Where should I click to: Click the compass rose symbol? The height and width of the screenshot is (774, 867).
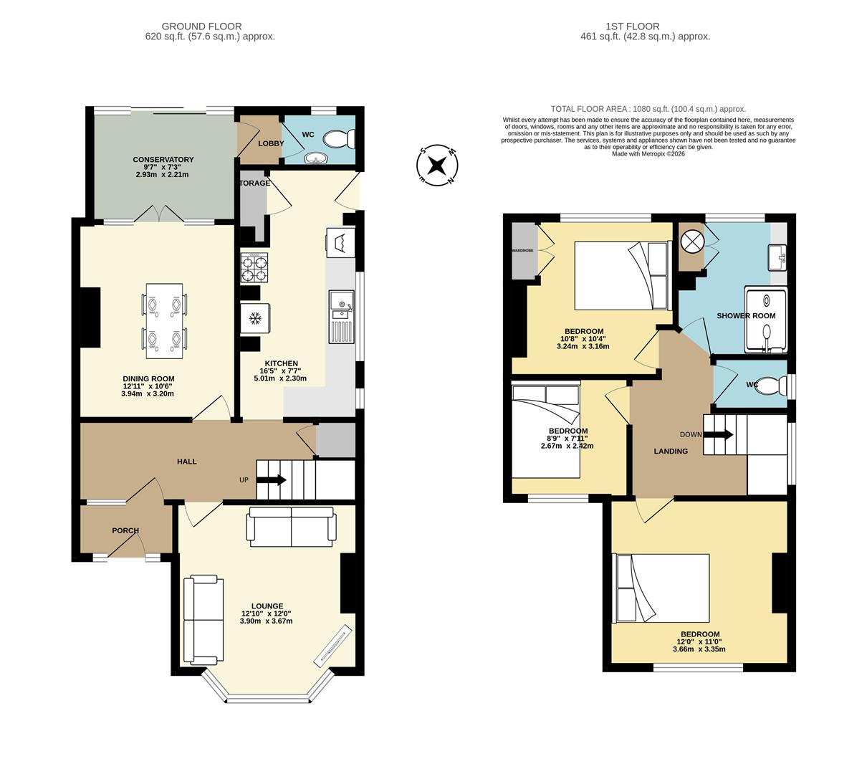[437, 166]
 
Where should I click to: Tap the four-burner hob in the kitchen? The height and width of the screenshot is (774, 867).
[254, 267]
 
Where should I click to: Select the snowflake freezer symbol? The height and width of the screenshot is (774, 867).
[256, 318]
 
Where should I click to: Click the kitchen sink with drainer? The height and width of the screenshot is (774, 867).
[342, 316]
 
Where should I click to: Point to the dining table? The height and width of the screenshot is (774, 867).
[164, 321]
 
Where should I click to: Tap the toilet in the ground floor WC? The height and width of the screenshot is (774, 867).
[339, 139]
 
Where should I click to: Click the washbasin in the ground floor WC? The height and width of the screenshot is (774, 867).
[316, 158]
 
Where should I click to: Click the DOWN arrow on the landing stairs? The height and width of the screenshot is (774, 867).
[718, 434]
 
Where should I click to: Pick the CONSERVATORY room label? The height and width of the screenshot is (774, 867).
[163, 159]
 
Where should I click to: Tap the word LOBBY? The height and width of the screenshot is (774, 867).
[271, 143]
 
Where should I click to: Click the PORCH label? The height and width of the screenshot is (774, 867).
[125, 530]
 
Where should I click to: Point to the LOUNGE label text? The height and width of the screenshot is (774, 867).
[267, 606]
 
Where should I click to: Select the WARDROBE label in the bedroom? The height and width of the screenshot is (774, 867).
[522, 250]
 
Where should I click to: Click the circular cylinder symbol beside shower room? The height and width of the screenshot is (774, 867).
[692, 242]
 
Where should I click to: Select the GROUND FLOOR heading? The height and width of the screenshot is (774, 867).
[201, 27]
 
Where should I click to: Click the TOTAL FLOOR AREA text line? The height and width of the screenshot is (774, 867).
[648, 109]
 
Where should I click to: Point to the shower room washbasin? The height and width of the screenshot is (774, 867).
[777, 257]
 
